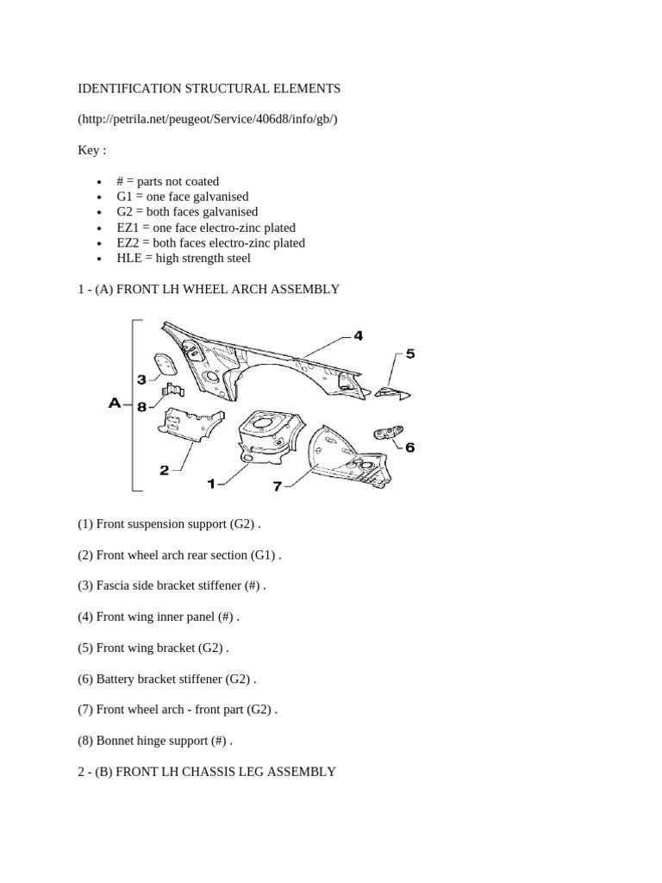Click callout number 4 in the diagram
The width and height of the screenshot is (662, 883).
[x=358, y=336]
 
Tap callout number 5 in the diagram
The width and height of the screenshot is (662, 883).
[x=410, y=354]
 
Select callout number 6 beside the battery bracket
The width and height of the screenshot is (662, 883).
[x=409, y=448]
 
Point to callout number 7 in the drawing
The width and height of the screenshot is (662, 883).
[x=277, y=486]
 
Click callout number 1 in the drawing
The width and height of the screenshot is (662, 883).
[x=211, y=484]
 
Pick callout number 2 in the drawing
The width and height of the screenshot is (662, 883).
[x=165, y=470]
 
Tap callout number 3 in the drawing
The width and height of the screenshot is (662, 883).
[x=142, y=380]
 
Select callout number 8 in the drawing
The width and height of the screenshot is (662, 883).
[x=142, y=407]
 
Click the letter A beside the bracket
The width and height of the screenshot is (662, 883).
[x=115, y=404]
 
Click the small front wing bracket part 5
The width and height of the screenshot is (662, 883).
[x=392, y=393]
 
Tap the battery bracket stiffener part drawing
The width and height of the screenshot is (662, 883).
[x=389, y=432]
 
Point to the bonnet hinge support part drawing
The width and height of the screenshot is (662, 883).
[x=172, y=390]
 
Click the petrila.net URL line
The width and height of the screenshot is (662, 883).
[x=208, y=119]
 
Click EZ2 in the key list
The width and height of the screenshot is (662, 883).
[x=128, y=243]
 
